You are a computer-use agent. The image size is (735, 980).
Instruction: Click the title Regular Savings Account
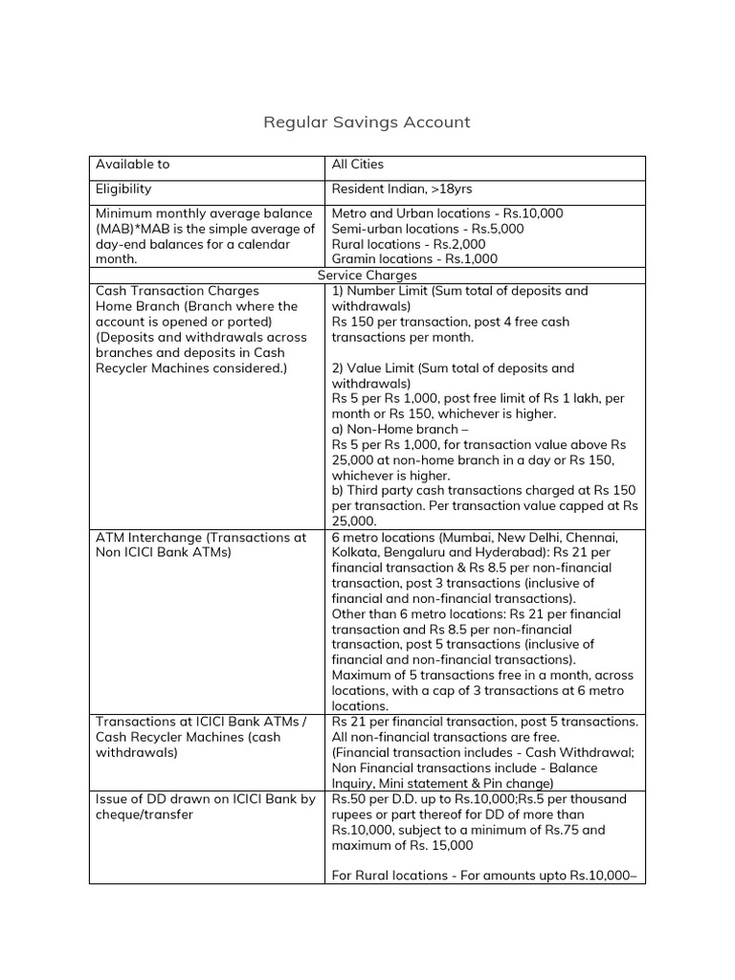tap(367, 122)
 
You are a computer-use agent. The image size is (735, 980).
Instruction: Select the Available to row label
tap(132, 165)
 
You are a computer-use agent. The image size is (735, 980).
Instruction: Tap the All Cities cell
tap(357, 165)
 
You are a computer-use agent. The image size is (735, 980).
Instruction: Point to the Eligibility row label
tap(122, 189)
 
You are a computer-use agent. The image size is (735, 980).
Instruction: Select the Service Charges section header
tap(367, 276)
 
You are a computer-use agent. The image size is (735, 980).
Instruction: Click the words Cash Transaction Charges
tap(177, 291)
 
